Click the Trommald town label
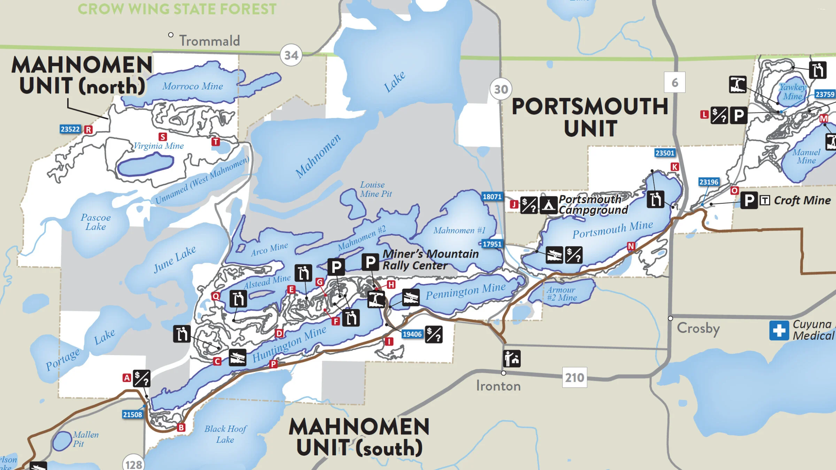tap(209, 41)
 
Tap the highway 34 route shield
tap(291, 55)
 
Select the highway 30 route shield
tap(501, 89)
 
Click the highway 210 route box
tap(574, 377)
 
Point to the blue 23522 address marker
tap(70, 129)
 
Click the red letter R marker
tap(88, 130)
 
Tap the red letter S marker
tap(163, 137)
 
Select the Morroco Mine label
tap(192, 86)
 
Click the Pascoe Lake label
tap(95, 222)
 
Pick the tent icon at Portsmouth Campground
tap(548, 205)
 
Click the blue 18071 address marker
tap(492, 197)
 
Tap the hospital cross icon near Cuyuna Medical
tap(779, 330)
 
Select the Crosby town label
tap(698, 328)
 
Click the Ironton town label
tap(498, 386)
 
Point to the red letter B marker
tap(181, 428)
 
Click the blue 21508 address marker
tap(132, 415)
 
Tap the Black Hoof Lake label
tap(225, 434)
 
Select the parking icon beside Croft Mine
tap(749, 200)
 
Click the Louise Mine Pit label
tap(376, 189)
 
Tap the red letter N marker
tap(631, 246)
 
